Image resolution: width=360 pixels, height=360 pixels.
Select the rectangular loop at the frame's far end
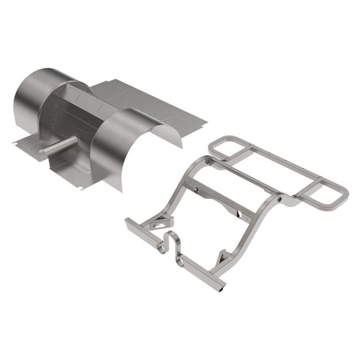(227, 147)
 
